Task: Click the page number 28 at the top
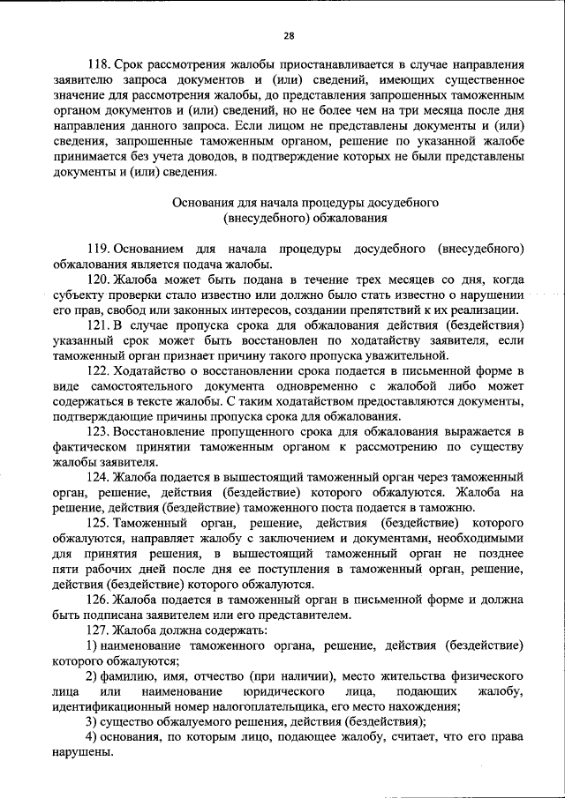(289, 36)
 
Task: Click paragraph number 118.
(99, 65)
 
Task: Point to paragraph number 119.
(99, 249)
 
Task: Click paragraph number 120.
(99, 280)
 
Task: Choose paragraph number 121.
(99, 326)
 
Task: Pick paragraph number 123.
(99, 432)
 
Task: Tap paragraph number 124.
(99, 478)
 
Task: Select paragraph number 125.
(99, 523)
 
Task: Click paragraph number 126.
(99, 599)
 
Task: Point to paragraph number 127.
(99, 630)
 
